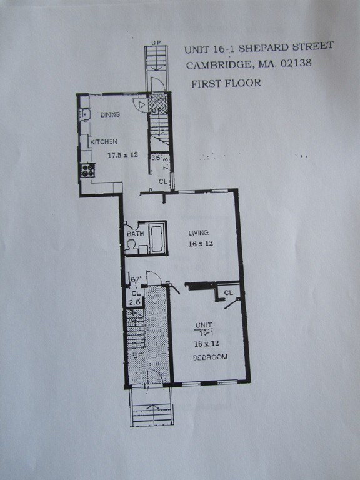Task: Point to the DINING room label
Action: point(109,114)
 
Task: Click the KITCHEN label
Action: point(104,142)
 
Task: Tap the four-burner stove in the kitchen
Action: point(87,169)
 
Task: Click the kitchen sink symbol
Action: point(84,115)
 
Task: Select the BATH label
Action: point(136,234)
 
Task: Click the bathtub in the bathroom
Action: point(156,237)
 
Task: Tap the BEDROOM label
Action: point(209,357)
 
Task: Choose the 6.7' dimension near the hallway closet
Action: point(135,279)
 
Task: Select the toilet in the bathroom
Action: point(132,246)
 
